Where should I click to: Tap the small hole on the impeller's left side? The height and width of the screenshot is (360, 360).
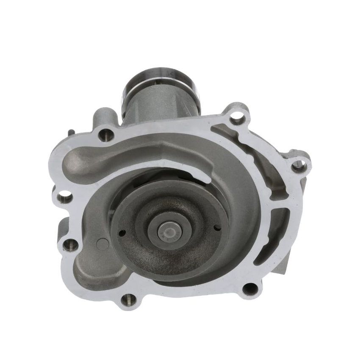(122, 232)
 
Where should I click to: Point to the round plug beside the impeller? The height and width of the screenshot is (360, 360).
(102, 244)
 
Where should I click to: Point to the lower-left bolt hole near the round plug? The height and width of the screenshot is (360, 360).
(71, 245)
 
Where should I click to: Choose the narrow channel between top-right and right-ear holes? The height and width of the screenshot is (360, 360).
(271, 152)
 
